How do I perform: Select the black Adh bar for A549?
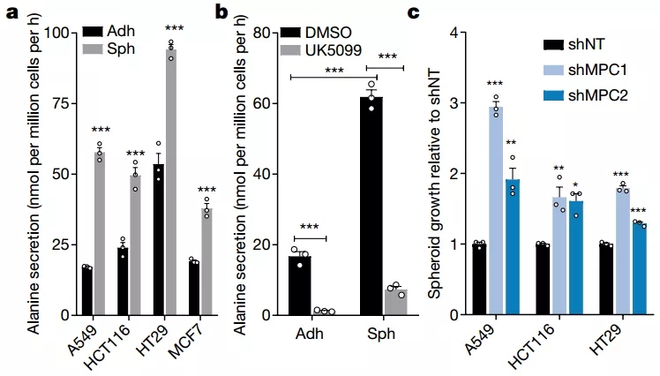coord(86,290)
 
